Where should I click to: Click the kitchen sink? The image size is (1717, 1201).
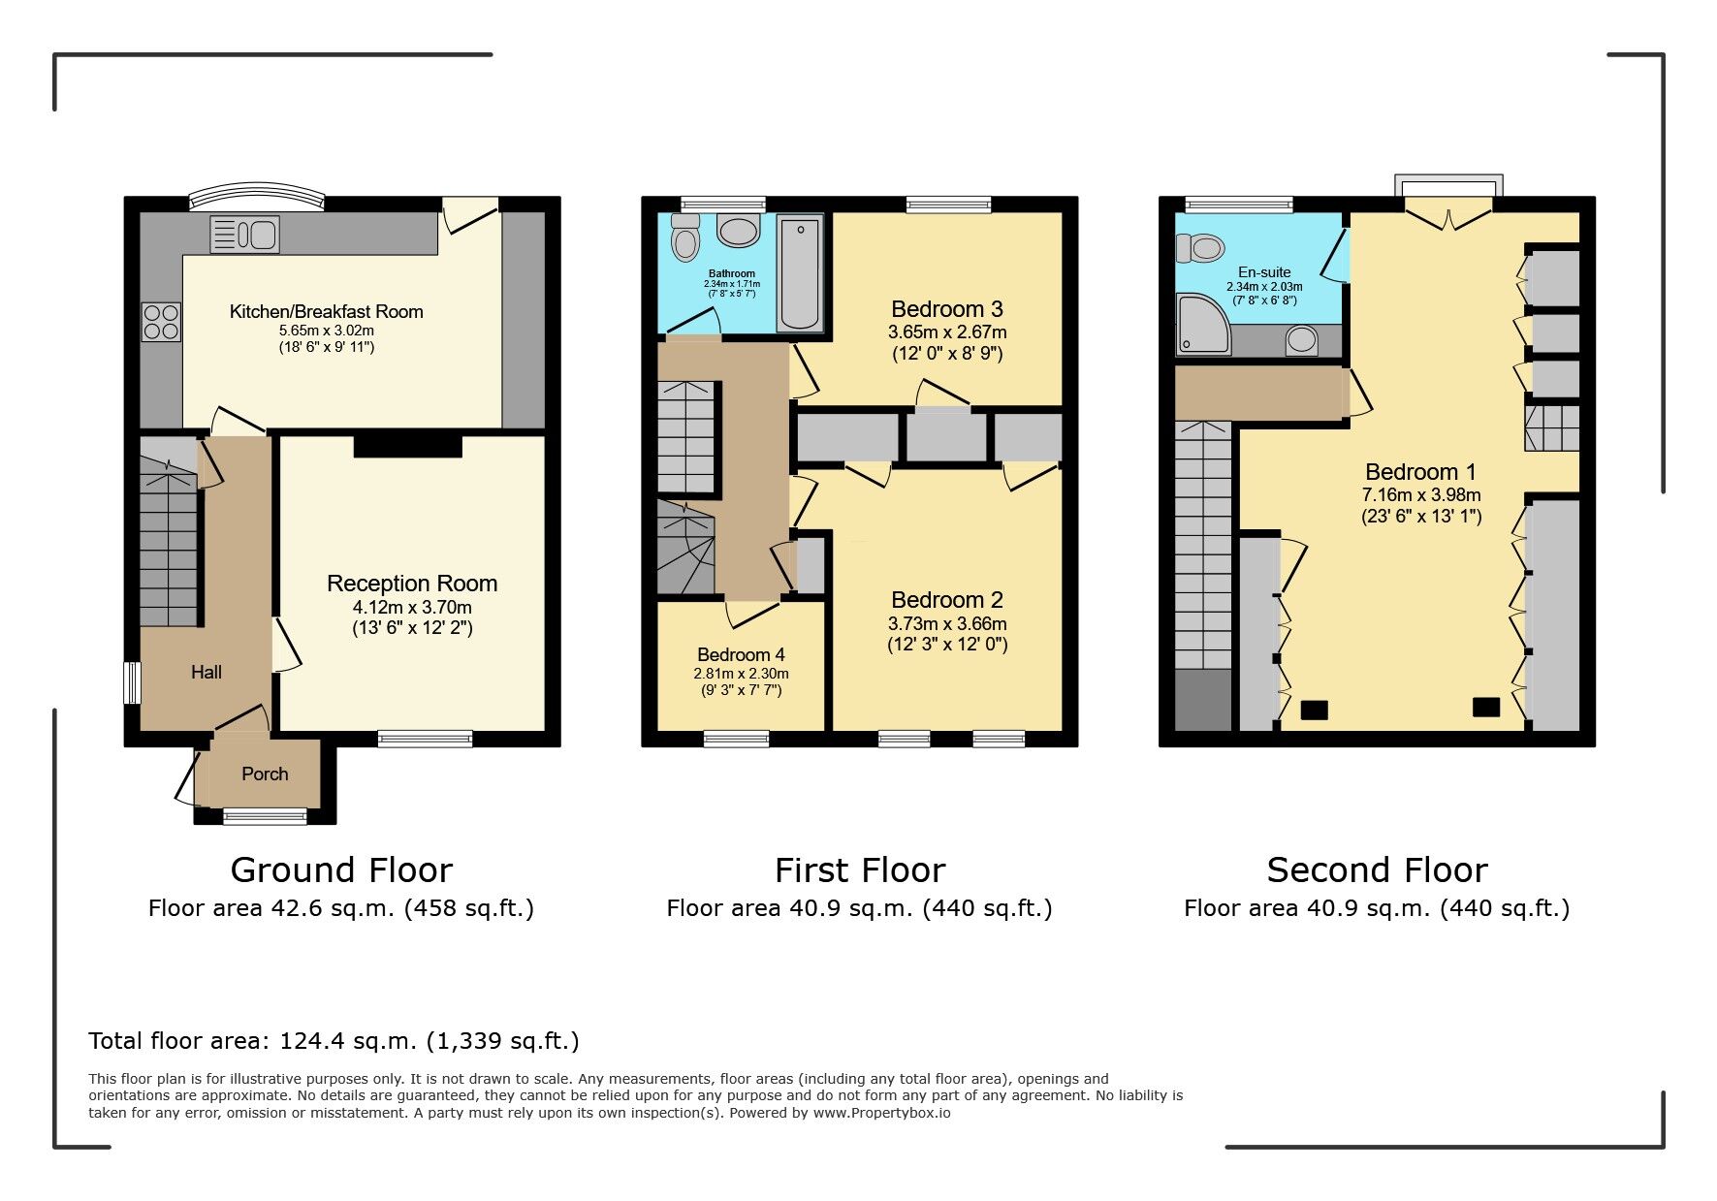(244, 235)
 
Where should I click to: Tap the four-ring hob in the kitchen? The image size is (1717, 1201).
(161, 322)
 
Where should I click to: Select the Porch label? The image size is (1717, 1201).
(265, 774)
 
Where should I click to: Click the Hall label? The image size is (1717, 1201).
(207, 672)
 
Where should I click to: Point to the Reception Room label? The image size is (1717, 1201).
(412, 584)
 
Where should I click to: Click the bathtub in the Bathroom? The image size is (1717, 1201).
(801, 273)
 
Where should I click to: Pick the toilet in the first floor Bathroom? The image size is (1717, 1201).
(685, 238)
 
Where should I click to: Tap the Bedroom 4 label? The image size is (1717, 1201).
(741, 654)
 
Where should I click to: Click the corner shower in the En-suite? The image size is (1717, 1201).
(1203, 324)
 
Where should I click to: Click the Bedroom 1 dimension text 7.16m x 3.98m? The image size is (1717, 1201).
(1420, 495)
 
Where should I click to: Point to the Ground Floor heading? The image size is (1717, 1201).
(341, 870)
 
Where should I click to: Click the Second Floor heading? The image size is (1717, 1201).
(1377, 870)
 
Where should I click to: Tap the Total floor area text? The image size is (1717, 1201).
(334, 1041)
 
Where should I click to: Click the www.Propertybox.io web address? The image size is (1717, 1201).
(881, 1113)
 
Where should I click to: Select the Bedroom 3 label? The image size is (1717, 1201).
(947, 309)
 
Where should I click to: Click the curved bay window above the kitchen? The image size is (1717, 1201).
(256, 200)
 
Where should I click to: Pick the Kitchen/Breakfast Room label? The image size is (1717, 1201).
(327, 311)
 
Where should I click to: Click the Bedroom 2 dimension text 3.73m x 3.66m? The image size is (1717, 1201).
(947, 623)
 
